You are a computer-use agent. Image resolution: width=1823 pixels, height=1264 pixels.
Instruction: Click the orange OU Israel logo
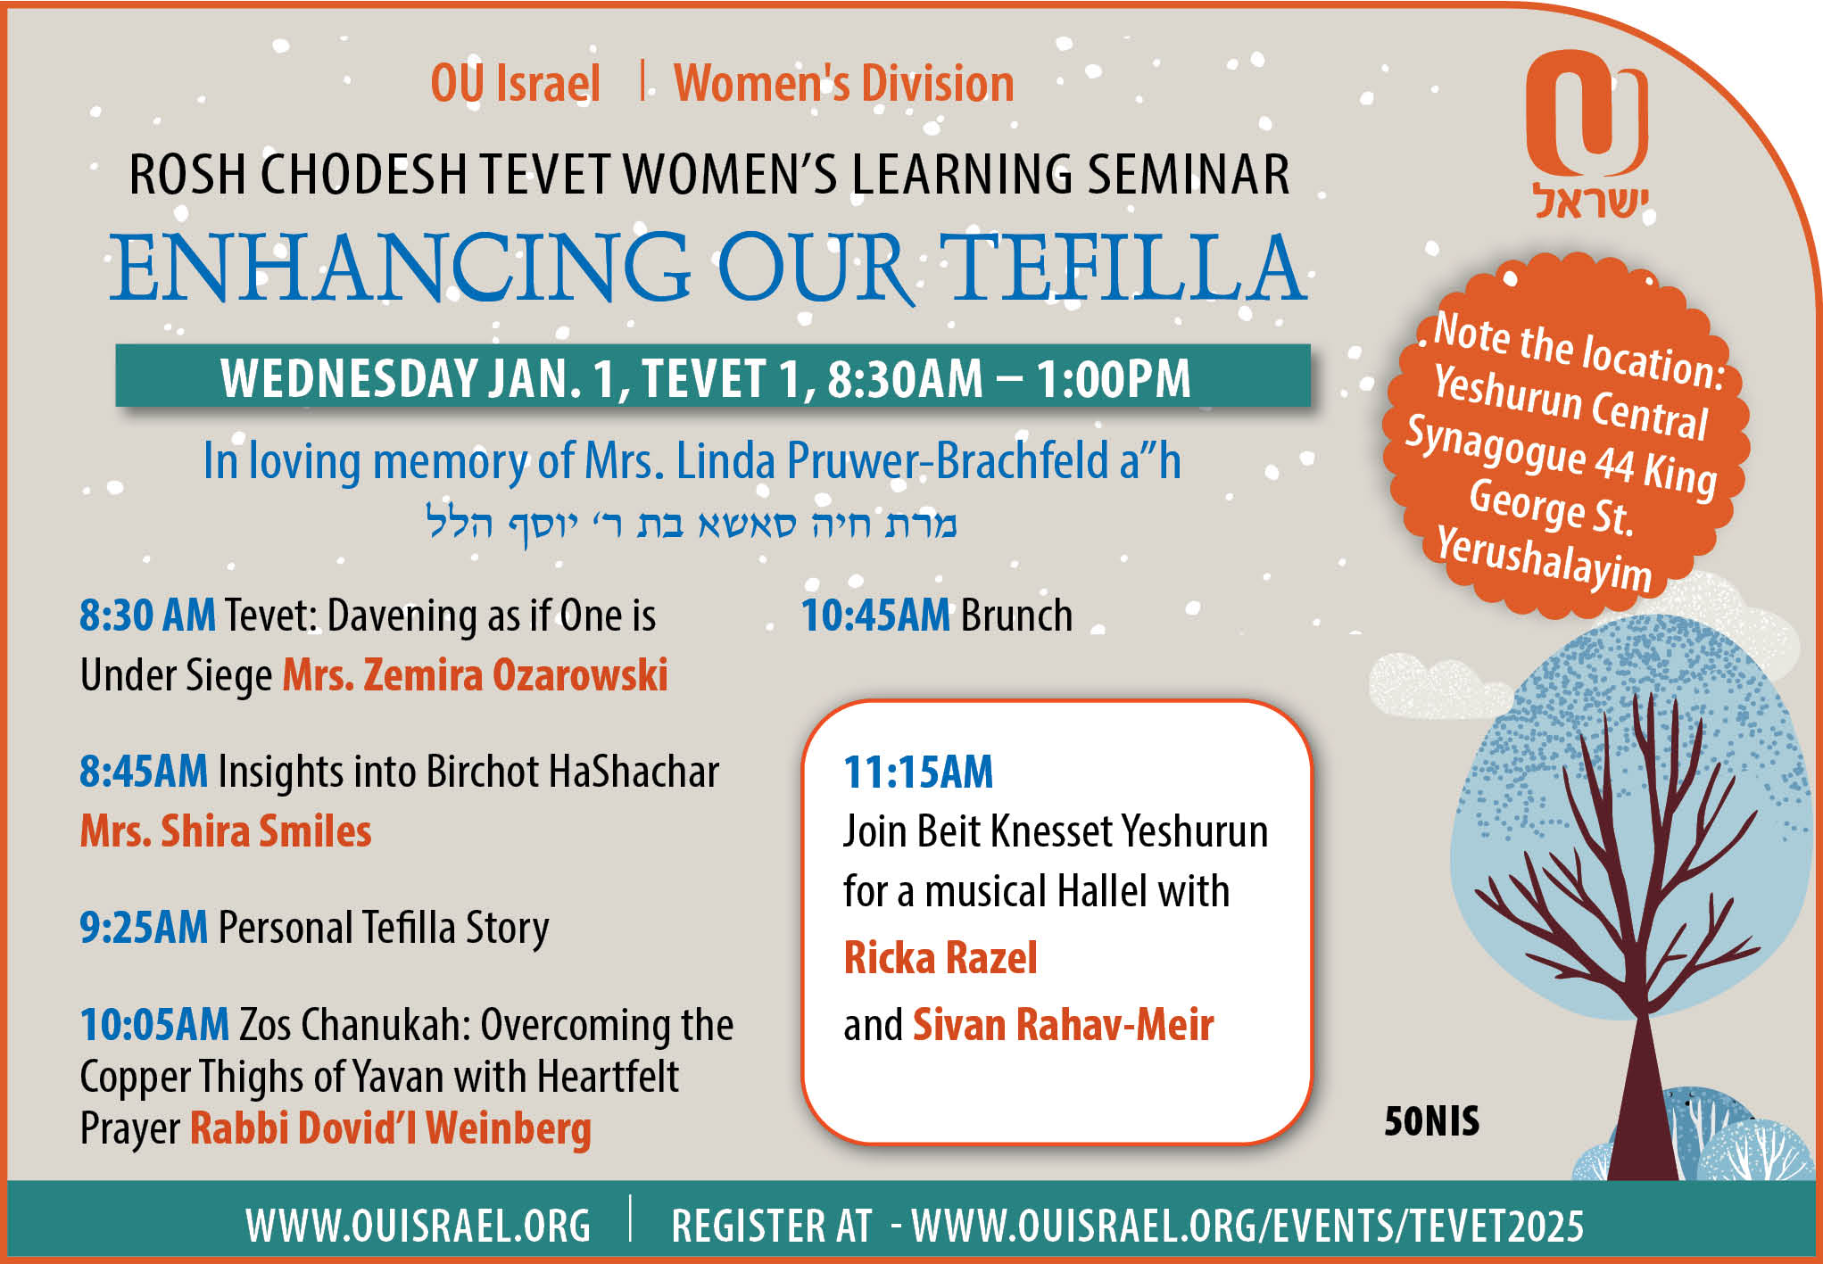(1587, 134)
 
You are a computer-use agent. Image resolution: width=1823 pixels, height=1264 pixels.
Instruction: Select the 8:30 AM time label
(147, 615)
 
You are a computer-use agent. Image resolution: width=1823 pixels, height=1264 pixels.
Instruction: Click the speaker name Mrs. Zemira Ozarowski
(476, 674)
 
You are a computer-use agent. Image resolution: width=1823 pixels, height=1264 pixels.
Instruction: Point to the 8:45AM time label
(144, 772)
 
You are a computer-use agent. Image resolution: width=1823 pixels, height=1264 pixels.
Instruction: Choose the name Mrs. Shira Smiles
(226, 831)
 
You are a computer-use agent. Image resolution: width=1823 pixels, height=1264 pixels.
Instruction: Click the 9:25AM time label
(144, 928)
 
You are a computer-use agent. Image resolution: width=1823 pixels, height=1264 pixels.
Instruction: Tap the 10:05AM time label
(154, 1024)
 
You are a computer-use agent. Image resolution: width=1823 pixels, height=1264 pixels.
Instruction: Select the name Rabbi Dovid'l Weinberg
(391, 1128)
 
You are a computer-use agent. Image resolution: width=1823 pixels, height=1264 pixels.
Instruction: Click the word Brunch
(1016, 615)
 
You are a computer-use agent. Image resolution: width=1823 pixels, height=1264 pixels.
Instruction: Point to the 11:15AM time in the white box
(918, 772)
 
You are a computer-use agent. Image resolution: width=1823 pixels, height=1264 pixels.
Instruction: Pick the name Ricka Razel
(941, 958)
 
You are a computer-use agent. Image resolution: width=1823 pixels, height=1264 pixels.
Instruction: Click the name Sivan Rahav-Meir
(1063, 1025)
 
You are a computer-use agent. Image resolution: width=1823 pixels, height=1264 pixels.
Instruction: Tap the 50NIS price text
(1431, 1121)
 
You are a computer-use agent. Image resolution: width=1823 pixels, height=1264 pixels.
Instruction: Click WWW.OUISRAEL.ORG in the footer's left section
(418, 1226)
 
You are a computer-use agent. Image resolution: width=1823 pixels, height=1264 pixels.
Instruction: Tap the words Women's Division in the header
(843, 84)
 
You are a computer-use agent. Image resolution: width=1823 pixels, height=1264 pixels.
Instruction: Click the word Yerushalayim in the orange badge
(1544, 558)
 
